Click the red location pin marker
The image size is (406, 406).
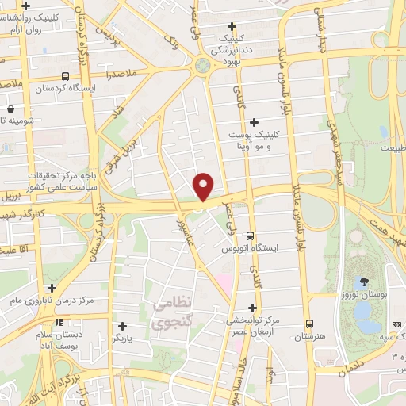point(205,186)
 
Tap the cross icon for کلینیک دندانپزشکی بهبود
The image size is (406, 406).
point(232,27)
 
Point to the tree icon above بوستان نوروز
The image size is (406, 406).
point(365,282)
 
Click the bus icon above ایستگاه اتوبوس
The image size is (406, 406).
point(251,236)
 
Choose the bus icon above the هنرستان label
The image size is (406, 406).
point(309,324)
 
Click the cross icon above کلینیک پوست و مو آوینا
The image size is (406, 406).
point(254,122)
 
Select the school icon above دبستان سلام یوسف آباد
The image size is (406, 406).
point(58,323)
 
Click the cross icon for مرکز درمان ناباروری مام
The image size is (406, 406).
point(52,289)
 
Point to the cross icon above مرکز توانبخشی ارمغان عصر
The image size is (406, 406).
point(253,308)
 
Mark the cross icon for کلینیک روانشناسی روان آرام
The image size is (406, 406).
point(26,6)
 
